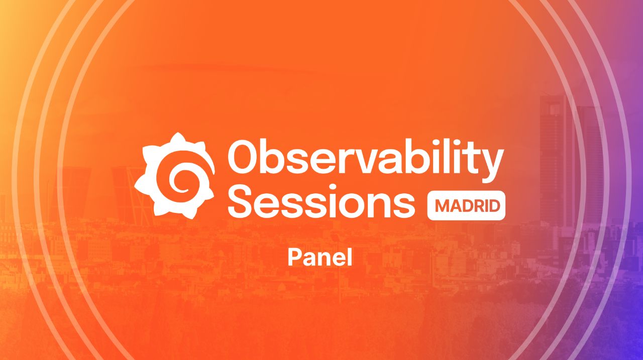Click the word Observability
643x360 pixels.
point(366,157)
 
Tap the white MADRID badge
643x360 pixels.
point(466,206)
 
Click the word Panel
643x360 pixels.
point(320,258)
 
